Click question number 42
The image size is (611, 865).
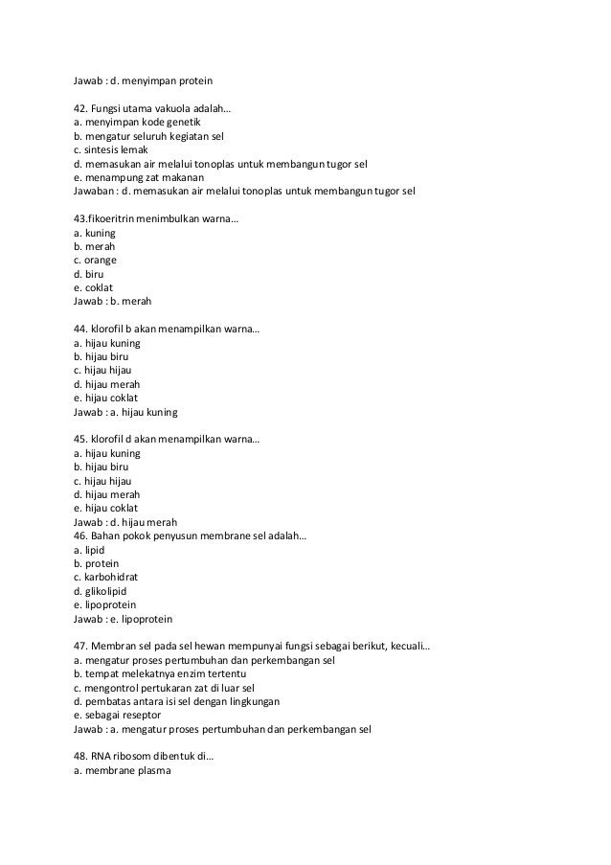pyautogui.click(x=81, y=109)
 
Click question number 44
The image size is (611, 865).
pyautogui.click(x=81, y=329)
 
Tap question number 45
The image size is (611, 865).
pyautogui.click(x=81, y=439)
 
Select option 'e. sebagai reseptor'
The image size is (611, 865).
pyautogui.click(x=119, y=715)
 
